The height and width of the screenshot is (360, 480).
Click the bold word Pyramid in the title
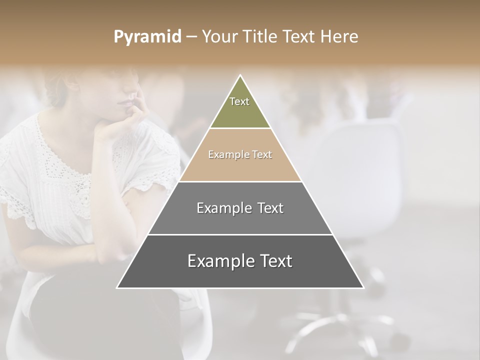coord(147,37)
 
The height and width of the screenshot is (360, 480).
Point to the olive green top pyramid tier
coord(240,112)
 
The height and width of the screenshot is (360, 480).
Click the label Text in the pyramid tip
coord(239,101)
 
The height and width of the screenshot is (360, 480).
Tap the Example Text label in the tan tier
coord(240,154)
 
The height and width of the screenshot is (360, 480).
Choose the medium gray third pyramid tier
coord(240,220)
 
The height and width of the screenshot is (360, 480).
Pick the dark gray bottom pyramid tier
coord(240,275)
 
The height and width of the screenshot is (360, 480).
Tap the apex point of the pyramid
coord(240,76)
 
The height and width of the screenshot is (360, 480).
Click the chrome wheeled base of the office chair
coord(340,327)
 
